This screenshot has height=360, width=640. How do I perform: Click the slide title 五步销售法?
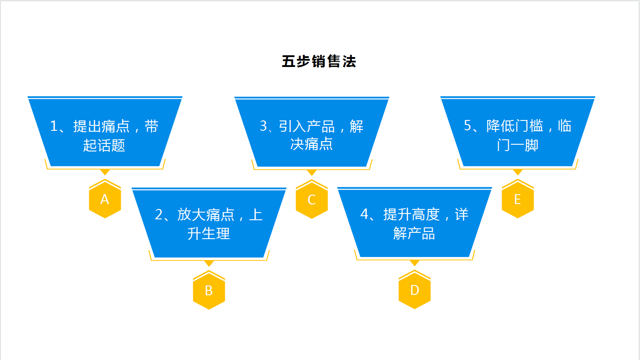pyautogui.click(x=319, y=62)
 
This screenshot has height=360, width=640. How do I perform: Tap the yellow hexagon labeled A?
pyautogui.click(x=105, y=199)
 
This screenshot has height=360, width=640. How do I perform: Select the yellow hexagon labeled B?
pyautogui.click(x=209, y=290)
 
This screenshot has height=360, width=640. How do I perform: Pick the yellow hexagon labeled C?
pyautogui.click(x=312, y=199)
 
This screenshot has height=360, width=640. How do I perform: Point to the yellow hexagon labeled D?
pyautogui.click(x=414, y=289)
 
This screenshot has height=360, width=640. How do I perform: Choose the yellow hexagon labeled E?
pyautogui.click(x=518, y=199)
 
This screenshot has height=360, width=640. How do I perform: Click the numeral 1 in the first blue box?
pyautogui.click(x=53, y=126)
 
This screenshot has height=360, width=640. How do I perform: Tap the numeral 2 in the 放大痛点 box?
pyautogui.click(x=159, y=214)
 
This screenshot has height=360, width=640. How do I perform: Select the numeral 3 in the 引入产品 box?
pyautogui.click(x=263, y=126)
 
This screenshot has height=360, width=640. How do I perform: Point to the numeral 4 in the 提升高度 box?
pyautogui.click(x=364, y=214)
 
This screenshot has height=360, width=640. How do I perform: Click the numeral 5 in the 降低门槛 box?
pyautogui.click(x=467, y=125)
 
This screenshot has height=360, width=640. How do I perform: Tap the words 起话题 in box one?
pyautogui.click(x=104, y=146)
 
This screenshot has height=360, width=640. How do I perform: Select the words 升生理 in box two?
pyautogui.click(x=209, y=234)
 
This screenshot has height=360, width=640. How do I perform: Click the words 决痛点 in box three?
pyautogui.click(x=311, y=144)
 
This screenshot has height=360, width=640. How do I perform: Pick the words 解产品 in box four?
pyautogui.click(x=414, y=233)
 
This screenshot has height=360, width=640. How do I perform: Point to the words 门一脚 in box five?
pyautogui.click(x=517, y=145)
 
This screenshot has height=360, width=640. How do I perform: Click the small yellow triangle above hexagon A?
pyautogui.click(x=105, y=172)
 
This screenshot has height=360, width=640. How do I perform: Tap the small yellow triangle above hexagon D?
pyautogui.click(x=414, y=262)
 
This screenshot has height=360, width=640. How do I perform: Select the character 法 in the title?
pyautogui.click(x=349, y=62)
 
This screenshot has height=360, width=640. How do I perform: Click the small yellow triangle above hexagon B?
pyautogui.click(x=209, y=263)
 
